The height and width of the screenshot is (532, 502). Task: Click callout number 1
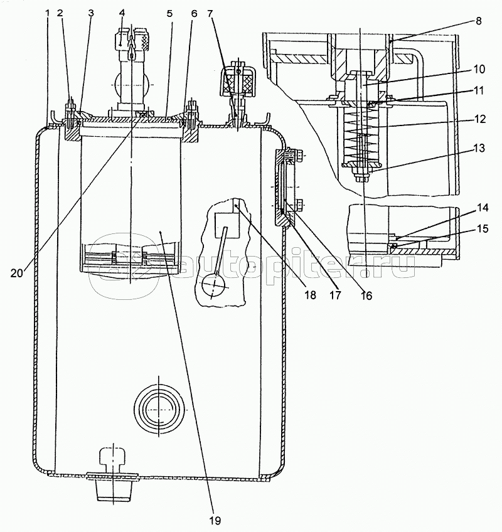pyautogui.click(x=48, y=12)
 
